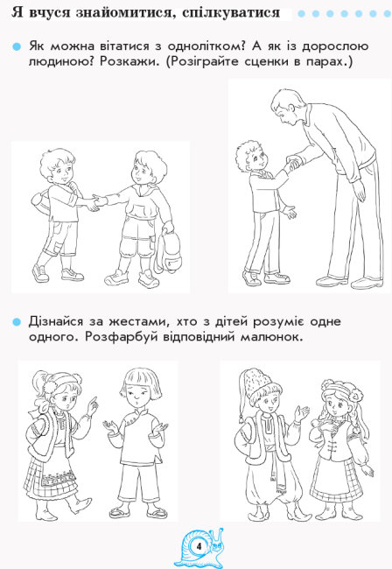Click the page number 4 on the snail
[x=199, y=545]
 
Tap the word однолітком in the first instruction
[x=206, y=46]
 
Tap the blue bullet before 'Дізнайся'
[x=17, y=322]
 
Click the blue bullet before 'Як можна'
[x=17, y=46]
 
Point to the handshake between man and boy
[x=294, y=164]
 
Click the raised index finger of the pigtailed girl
[x=94, y=402]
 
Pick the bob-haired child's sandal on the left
[x=120, y=512]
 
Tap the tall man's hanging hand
[x=360, y=190]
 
